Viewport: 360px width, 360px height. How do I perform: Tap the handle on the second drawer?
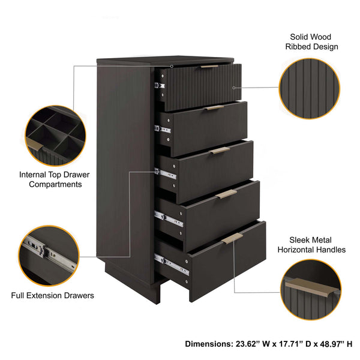[x=214, y=108]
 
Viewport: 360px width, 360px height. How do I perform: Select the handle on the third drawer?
[x=220, y=151]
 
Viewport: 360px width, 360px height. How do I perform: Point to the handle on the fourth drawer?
[x=226, y=194]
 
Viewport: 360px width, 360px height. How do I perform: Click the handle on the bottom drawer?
[x=232, y=238]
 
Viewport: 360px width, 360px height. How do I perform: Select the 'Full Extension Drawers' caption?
[x=53, y=295]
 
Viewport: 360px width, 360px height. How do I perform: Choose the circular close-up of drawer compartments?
[x=53, y=136]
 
